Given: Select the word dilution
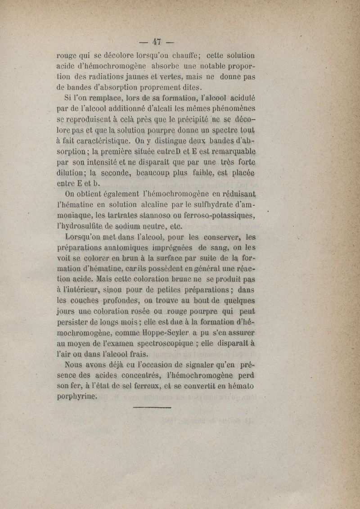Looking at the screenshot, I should pos(73,172).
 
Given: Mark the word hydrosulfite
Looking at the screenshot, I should pos(84,226).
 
